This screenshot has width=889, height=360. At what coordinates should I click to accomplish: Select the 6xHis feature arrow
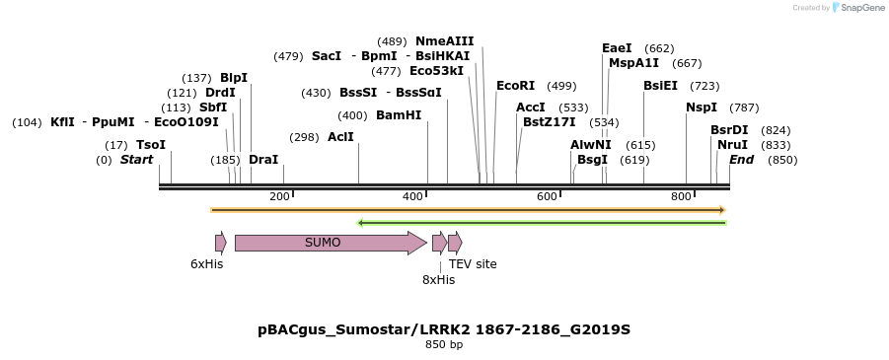pyautogui.click(x=220, y=243)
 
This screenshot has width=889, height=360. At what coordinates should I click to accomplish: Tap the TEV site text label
pyautogui.click(x=473, y=264)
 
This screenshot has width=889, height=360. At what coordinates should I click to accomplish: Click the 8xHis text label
pyautogui.click(x=438, y=280)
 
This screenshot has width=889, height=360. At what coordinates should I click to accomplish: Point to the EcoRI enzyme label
pyautogui.click(x=515, y=86)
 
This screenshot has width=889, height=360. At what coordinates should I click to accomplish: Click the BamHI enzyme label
pyautogui.click(x=399, y=115)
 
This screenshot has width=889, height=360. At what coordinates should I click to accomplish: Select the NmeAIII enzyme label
pyautogui.click(x=444, y=41)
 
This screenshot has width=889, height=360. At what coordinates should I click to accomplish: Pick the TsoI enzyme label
pyautogui.click(x=151, y=145)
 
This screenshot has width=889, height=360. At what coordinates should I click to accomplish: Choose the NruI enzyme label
pyautogui.click(x=732, y=145)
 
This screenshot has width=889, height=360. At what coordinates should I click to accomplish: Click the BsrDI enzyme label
pyautogui.click(x=729, y=130)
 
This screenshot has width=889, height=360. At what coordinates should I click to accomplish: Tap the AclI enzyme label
pyautogui.click(x=340, y=137)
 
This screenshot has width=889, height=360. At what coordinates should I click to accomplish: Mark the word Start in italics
pyautogui.click(x=136, y=160)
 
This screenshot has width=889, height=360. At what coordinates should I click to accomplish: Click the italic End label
pyautogui.click(x=741, y=160)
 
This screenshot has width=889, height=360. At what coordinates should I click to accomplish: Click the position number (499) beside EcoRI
pyautogui.click(x=561, y=87)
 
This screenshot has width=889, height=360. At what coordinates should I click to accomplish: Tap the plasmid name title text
pyautogui.click(x=444, y=329)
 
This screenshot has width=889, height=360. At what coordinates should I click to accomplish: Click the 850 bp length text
pyautogui.click(x=444, y=345)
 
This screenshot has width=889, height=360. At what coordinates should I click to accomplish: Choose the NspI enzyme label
pyautogui.click(x=702, y=108)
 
